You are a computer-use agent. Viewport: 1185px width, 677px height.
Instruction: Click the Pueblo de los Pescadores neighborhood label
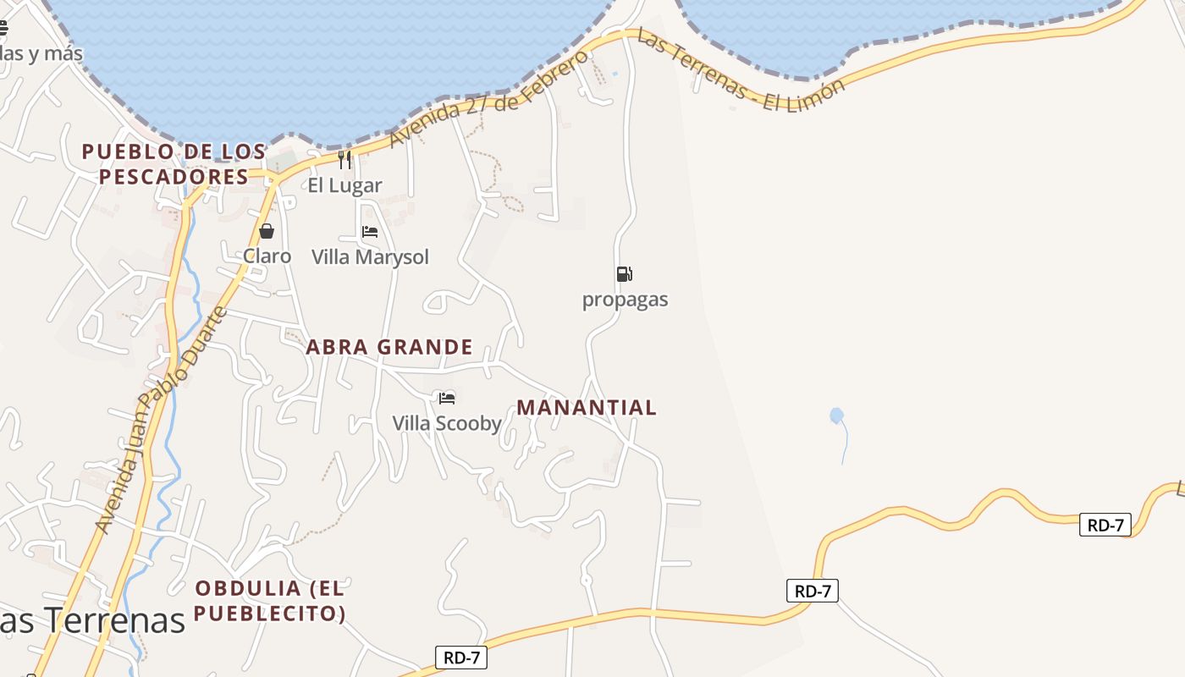pos(174,164)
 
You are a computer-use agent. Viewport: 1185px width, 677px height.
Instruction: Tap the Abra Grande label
pos(389,347)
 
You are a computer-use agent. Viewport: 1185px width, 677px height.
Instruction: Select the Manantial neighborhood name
pos(587,407)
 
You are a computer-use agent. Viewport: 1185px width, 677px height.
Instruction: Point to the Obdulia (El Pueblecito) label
pos(270,600)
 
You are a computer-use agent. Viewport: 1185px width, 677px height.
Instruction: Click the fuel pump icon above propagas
pos(625,274)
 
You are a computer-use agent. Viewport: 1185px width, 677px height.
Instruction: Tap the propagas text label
pos(625,300)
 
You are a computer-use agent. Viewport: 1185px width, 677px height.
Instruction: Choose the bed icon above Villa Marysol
pos(370,232)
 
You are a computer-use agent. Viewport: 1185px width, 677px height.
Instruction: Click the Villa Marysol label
pos(370,256)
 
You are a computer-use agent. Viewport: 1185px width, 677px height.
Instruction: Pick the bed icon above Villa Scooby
pos(447,398)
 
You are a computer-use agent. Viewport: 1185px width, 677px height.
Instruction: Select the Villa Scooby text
pos(447,423)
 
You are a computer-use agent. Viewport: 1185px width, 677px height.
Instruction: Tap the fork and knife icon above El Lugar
pos(344,160)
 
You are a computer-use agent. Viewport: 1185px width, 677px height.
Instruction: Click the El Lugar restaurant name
pos(344,185)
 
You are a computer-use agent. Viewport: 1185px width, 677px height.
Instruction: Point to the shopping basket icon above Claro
pos(267,231)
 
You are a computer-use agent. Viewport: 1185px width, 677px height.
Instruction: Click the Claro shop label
pos(267,256)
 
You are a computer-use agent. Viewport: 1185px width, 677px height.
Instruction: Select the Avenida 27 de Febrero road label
pos(488,99)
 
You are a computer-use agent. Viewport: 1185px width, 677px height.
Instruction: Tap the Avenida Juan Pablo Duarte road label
pos(161,421)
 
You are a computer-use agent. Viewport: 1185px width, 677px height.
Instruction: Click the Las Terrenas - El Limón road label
pos(741,71)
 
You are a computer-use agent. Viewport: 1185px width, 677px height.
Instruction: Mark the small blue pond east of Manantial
pos(836,416)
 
